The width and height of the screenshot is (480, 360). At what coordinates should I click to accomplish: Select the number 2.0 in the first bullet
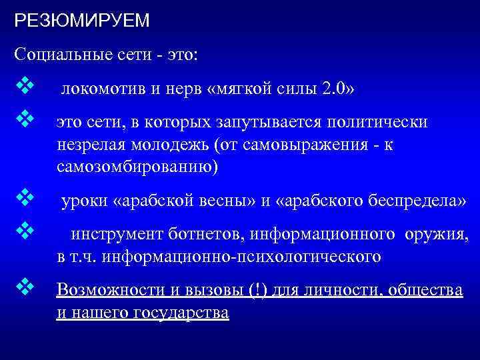coord(333,90)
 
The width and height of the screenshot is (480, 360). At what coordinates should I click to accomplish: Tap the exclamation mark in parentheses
coord(257,291)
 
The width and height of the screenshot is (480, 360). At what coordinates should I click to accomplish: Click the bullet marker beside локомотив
coord(25,88)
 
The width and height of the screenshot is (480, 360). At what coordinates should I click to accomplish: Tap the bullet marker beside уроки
coord(25,198)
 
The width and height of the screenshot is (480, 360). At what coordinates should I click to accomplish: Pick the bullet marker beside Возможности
coord(25,287)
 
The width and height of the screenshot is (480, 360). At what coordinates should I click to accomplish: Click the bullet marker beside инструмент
coord(25,231)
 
